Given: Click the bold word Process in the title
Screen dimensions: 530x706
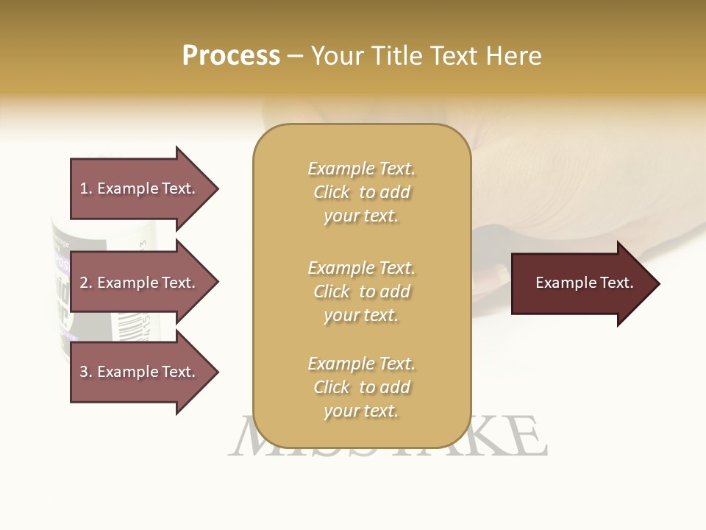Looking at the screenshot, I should click(231, 56).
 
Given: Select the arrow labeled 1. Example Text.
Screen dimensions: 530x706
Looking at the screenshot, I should click(140, 188).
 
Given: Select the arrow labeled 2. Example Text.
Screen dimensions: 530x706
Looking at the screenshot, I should click(140, 283).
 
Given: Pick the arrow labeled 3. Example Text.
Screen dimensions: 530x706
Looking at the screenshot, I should click(140, 372).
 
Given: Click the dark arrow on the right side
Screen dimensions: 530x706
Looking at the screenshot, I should click(581, 283).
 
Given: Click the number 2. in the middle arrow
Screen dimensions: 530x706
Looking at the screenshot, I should click(86, 283).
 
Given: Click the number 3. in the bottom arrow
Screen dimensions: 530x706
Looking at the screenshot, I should click(86, 372).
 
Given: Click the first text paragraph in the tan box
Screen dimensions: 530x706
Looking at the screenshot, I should click(361, 192).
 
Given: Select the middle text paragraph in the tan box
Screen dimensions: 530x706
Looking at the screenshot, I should click(361, 291).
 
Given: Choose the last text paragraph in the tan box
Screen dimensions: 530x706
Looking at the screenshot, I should click(361, 387).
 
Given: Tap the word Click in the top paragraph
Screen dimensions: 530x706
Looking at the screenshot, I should click(332, 192).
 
